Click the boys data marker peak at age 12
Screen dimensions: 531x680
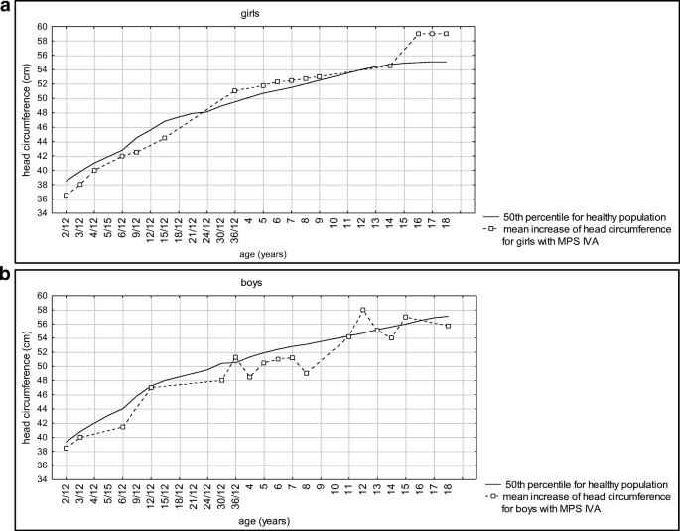tap(363, 310)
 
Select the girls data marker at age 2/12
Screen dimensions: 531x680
tap(67, 195)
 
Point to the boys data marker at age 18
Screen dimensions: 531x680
tap(448, 326)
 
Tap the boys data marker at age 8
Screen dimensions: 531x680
tap(307, 373)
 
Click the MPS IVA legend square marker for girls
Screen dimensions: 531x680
tap(491, 229)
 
